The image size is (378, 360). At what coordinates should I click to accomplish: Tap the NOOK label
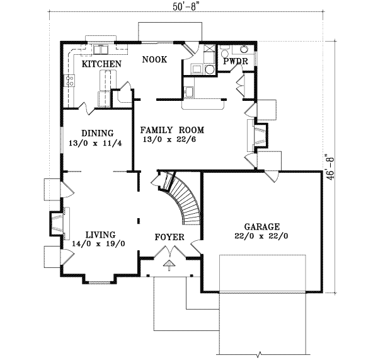pyautogui.click(x=154, y=59)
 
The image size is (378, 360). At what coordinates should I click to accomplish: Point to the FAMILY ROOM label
pyautogui.click(x=172, y=130)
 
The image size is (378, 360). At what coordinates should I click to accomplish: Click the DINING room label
pyautogui.click(x=98, y=133)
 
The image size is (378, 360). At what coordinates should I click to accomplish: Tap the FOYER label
pyautogui.click(x=169, y=238)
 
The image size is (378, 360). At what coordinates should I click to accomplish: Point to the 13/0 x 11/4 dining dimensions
pyautogui.click(x=98, y=143)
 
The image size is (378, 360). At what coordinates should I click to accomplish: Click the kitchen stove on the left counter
pyautogui.click(x=69, y=80)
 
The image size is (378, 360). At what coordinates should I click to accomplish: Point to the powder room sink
pyautogui.click(x=244, y=52)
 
